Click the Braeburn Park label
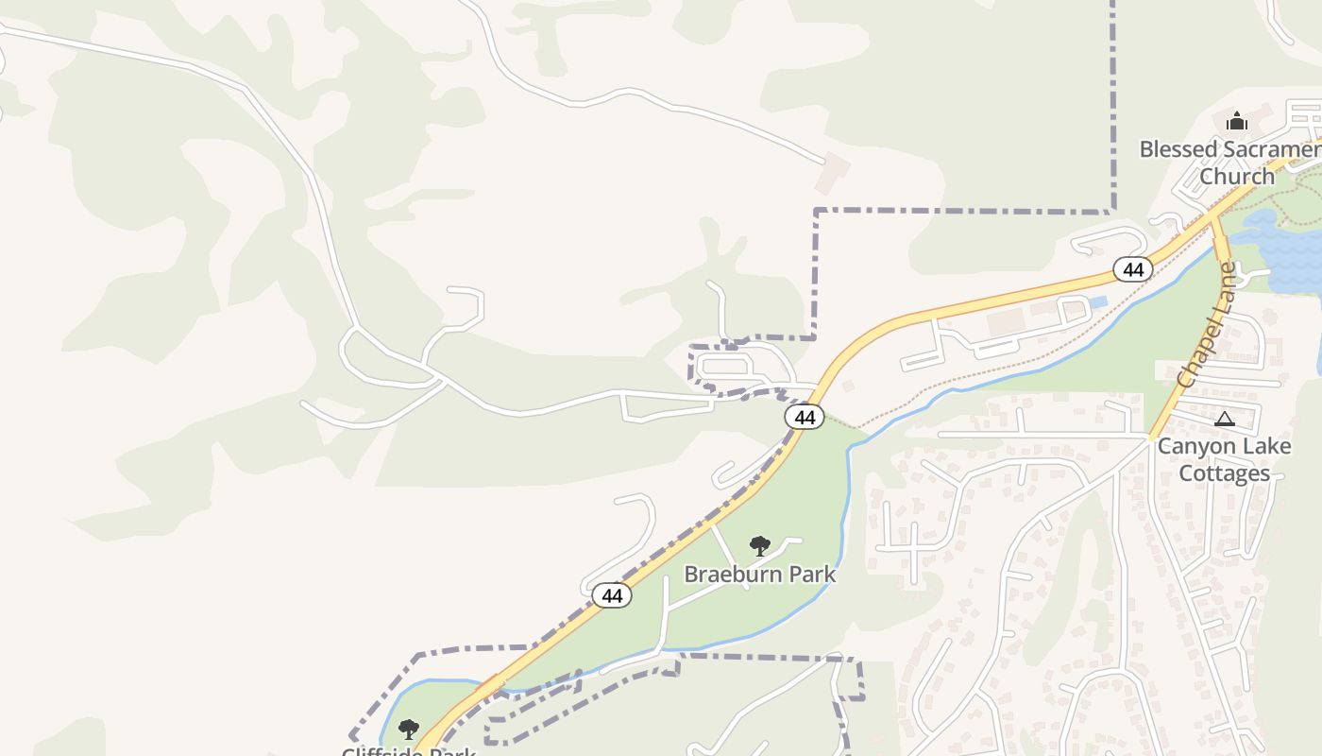click(x=759, y=574)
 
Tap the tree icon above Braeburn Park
click(x=759, y=545)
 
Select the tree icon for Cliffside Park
click(x=408, y=729)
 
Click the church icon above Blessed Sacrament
click(x=1236, y=121)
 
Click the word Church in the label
click(x=1236, y=177)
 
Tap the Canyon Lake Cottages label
click(x=1224, y=459)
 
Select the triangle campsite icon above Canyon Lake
click(x=1224, y=419)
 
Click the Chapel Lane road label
click(x=1207, y=325)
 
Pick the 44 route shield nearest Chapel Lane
click(x=1133, y=269)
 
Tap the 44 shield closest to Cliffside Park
click(x=612, y=595)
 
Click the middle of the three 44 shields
click(x=805, y=417)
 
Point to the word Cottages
click(x=1224, y=473)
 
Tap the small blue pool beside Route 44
click(x=1096, y=302)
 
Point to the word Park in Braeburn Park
click(x=815, y=574)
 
